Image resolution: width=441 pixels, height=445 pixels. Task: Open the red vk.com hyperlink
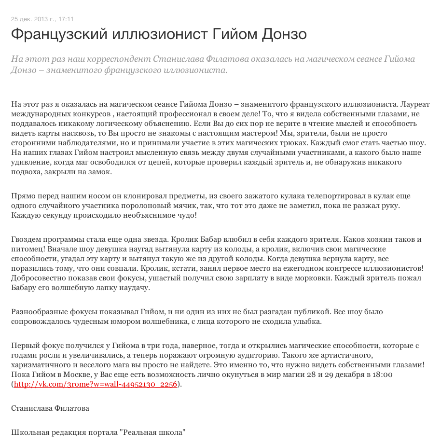click(x=96, y=384)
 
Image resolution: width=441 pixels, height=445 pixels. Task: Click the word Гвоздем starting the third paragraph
click(x=26, y=239)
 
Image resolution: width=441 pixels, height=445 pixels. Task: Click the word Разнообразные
click(x=40, y=312)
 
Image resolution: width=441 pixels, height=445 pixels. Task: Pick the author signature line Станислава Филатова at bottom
click(x=50, y=408)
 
